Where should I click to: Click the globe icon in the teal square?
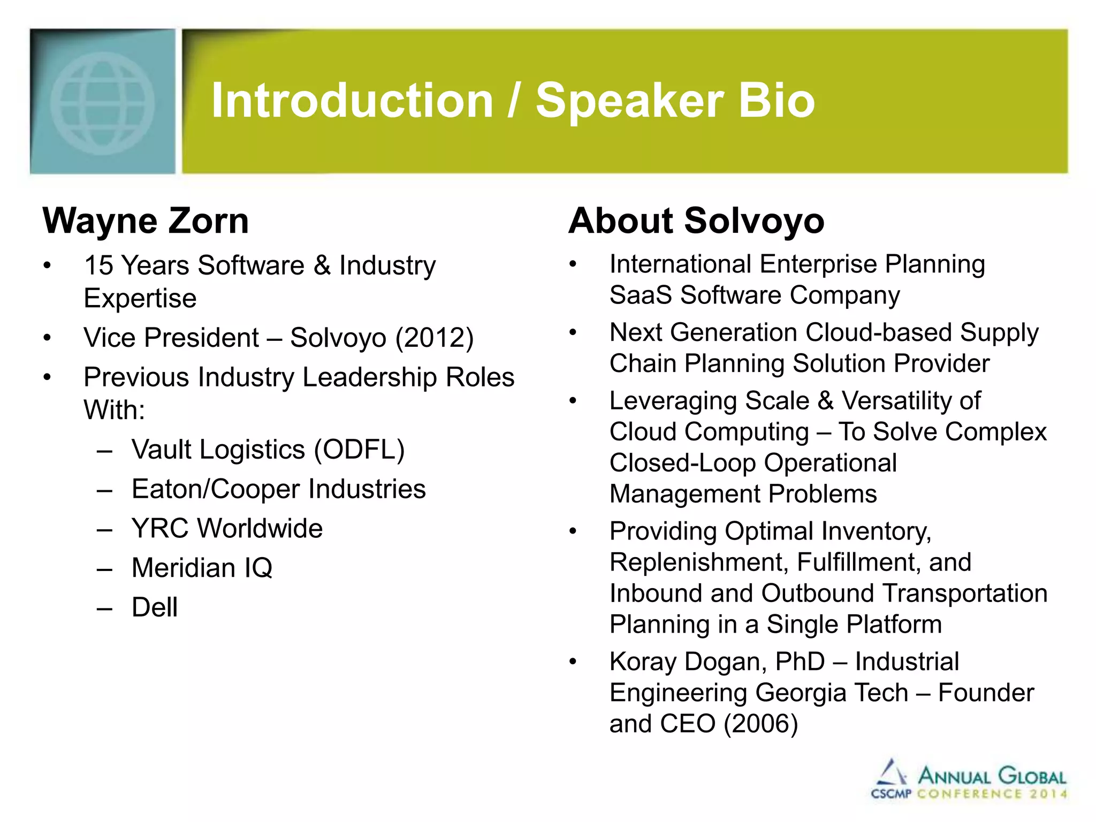[x=102, y=103]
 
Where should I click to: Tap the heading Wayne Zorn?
[x=146, y=221]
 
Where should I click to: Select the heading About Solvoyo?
[x=696, y=221]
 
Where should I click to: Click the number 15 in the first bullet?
[x=99, y=265]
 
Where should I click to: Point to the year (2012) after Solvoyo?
[x=434, y=338]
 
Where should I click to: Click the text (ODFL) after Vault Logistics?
[x=359, y=450]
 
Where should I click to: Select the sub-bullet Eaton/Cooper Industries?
[x=278, y=489]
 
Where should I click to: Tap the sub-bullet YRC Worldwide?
[x=227, y=529]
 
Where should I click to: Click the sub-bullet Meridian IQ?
[x=202, y=568]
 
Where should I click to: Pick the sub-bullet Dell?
[x=155, y=607]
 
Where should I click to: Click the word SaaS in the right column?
[x=641, y=295]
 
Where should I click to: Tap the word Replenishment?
[x=698, y=562]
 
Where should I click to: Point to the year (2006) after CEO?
[x=760, y=724]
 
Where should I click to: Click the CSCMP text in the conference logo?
[x=890, y=794]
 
